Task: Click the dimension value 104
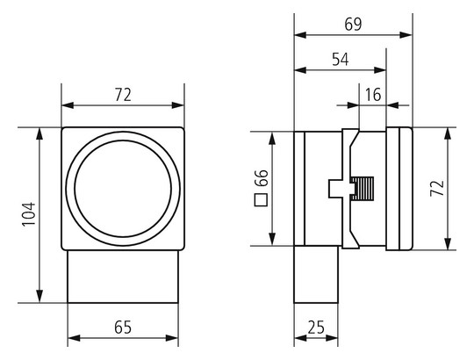[29, 214]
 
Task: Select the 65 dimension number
[123, 328]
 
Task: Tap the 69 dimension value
[353, 25]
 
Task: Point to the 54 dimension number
[341, 59]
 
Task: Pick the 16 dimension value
[373, 95]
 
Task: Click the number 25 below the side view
[316, 328]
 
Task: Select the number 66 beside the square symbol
[262, 178]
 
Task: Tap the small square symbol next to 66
[262, 200]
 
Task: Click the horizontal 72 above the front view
[123, 95]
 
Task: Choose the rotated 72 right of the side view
[437, 188]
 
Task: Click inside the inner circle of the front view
[123, 189]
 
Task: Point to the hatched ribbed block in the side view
[363, 189]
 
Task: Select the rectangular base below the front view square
[123, 277]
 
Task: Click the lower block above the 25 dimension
[316, 275]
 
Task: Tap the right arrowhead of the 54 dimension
[380, 70]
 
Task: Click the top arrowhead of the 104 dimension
[39, 133]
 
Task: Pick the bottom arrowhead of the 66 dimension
[273, 239]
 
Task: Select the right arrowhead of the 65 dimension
[172, 338]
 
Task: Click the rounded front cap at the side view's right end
[399, 189]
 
